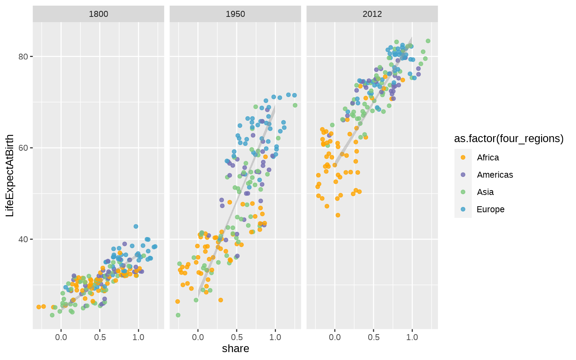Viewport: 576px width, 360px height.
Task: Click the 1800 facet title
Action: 98,14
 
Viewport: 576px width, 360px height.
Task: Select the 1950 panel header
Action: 235,14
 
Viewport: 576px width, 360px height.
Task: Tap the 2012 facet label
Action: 372,14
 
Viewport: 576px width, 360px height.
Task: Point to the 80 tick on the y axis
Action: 24,57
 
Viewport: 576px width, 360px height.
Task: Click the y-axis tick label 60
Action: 24,148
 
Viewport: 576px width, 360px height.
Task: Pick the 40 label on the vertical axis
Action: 24,239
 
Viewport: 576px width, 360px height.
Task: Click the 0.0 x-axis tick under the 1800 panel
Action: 61,337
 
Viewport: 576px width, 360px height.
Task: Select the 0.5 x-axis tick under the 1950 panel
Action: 237,337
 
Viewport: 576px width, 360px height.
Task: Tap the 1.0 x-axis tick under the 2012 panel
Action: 412,337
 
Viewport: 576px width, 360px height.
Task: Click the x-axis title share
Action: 235,349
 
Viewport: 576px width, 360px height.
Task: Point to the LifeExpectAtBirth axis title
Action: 10,175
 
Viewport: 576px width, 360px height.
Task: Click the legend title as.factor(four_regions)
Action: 508,139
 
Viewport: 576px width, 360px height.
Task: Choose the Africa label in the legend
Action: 488,157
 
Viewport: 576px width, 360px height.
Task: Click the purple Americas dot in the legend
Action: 463,175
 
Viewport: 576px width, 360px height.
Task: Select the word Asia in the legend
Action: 485,192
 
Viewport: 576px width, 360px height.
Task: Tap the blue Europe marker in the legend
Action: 463,209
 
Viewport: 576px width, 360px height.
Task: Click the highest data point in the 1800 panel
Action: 136,226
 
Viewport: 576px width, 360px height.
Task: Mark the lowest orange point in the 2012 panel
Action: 338,215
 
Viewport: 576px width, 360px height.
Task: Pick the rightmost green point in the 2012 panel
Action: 428,41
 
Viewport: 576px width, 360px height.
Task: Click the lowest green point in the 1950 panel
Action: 178,315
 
